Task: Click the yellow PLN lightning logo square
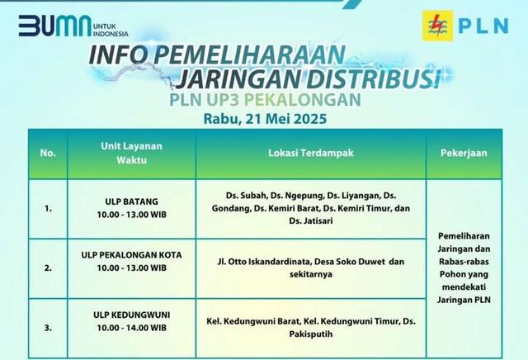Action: click(x=438, y=26)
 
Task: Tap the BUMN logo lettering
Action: click(x=55, y=26)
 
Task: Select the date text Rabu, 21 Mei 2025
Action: click(x=265, y=119)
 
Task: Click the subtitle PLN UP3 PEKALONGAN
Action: click(x=265, y=99)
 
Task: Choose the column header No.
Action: click(x=48, y=153)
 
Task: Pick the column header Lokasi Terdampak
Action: click(x=311, y=153)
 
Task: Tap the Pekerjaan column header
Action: click(x=464, y=153)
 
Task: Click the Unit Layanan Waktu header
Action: click(x=132, y=153)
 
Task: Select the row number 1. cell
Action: click(x=48, y=209)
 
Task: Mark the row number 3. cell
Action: click(x=48, y=328)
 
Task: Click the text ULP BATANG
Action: click(x=132, y=201)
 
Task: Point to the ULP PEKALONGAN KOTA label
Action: click(x=132, y=255)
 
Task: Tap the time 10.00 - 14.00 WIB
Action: click(x=132, y=328)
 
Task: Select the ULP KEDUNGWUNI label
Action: click(x=132, y=315)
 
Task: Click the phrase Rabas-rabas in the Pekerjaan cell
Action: click(x=464, y=262)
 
